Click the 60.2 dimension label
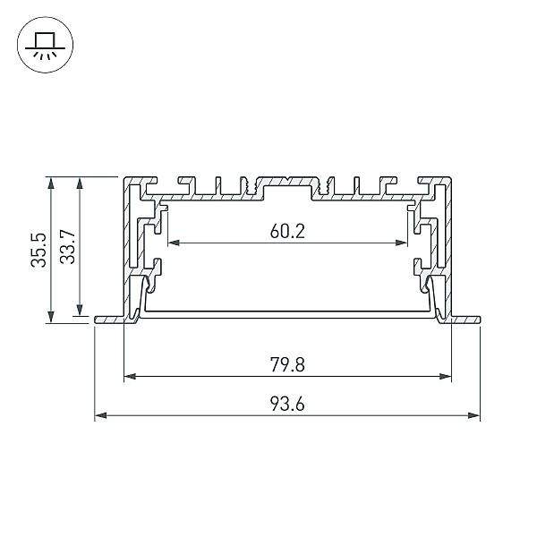point(287,231)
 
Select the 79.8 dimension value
point(287,364)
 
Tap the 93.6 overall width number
point(287,404)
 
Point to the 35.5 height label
point(38,250)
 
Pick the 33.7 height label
point(67,246)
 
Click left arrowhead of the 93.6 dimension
point(100,415)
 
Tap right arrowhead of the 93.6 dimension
point(474,415)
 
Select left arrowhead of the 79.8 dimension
point(130,377)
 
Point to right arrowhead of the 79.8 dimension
point(445,377)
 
